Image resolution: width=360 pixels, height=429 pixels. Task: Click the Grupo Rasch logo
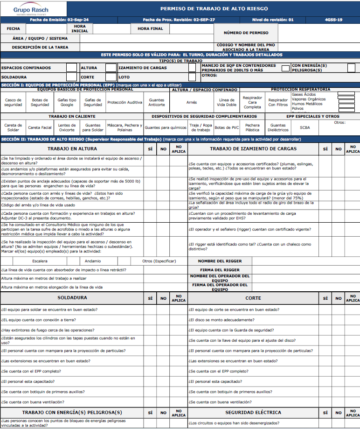click(x=30, y=9)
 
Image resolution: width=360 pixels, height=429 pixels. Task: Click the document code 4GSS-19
click(x=333, y=20)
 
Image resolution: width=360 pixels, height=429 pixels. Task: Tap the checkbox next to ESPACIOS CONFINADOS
click(x=71, y=68)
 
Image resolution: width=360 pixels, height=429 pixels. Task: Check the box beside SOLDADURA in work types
click(x=71, y=77)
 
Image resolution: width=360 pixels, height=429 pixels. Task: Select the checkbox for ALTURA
click(x=111, y=68)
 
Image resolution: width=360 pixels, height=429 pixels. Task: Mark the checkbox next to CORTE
click(x=111, y=77)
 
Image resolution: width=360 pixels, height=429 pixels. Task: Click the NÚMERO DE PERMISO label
click(x=246, y=33)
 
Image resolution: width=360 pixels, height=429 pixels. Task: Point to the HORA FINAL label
click(x=150, y=28)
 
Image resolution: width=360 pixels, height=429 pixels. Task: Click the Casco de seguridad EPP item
click(x=13, y=102)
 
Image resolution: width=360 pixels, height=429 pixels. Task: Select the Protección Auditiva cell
click(x=125, y=102)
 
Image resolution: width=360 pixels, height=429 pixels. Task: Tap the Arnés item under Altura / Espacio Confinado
click(x=191, y=102)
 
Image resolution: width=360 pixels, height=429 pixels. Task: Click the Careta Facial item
click(x=40, y=127)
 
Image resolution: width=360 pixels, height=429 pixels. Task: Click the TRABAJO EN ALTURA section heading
click(x=72, y=149)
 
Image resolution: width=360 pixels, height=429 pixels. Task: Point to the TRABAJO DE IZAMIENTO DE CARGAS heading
click(x=253, y=149)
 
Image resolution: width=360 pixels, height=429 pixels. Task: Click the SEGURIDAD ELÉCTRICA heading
click(x=253, y=412)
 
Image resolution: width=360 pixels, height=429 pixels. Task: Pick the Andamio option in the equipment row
click(x=93, y=261)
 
